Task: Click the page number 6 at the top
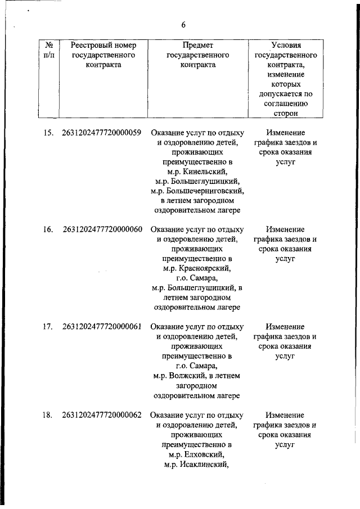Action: click(x=183, y=25)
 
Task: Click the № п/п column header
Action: click(x=48, y=50)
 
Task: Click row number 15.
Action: click(x=48, y=133)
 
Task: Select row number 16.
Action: click(x=48, y=229)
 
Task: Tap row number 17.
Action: click(x=48, y=326)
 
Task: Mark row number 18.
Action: click(x=48, y=415)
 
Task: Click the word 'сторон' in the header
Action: click(x=286, y=113)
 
